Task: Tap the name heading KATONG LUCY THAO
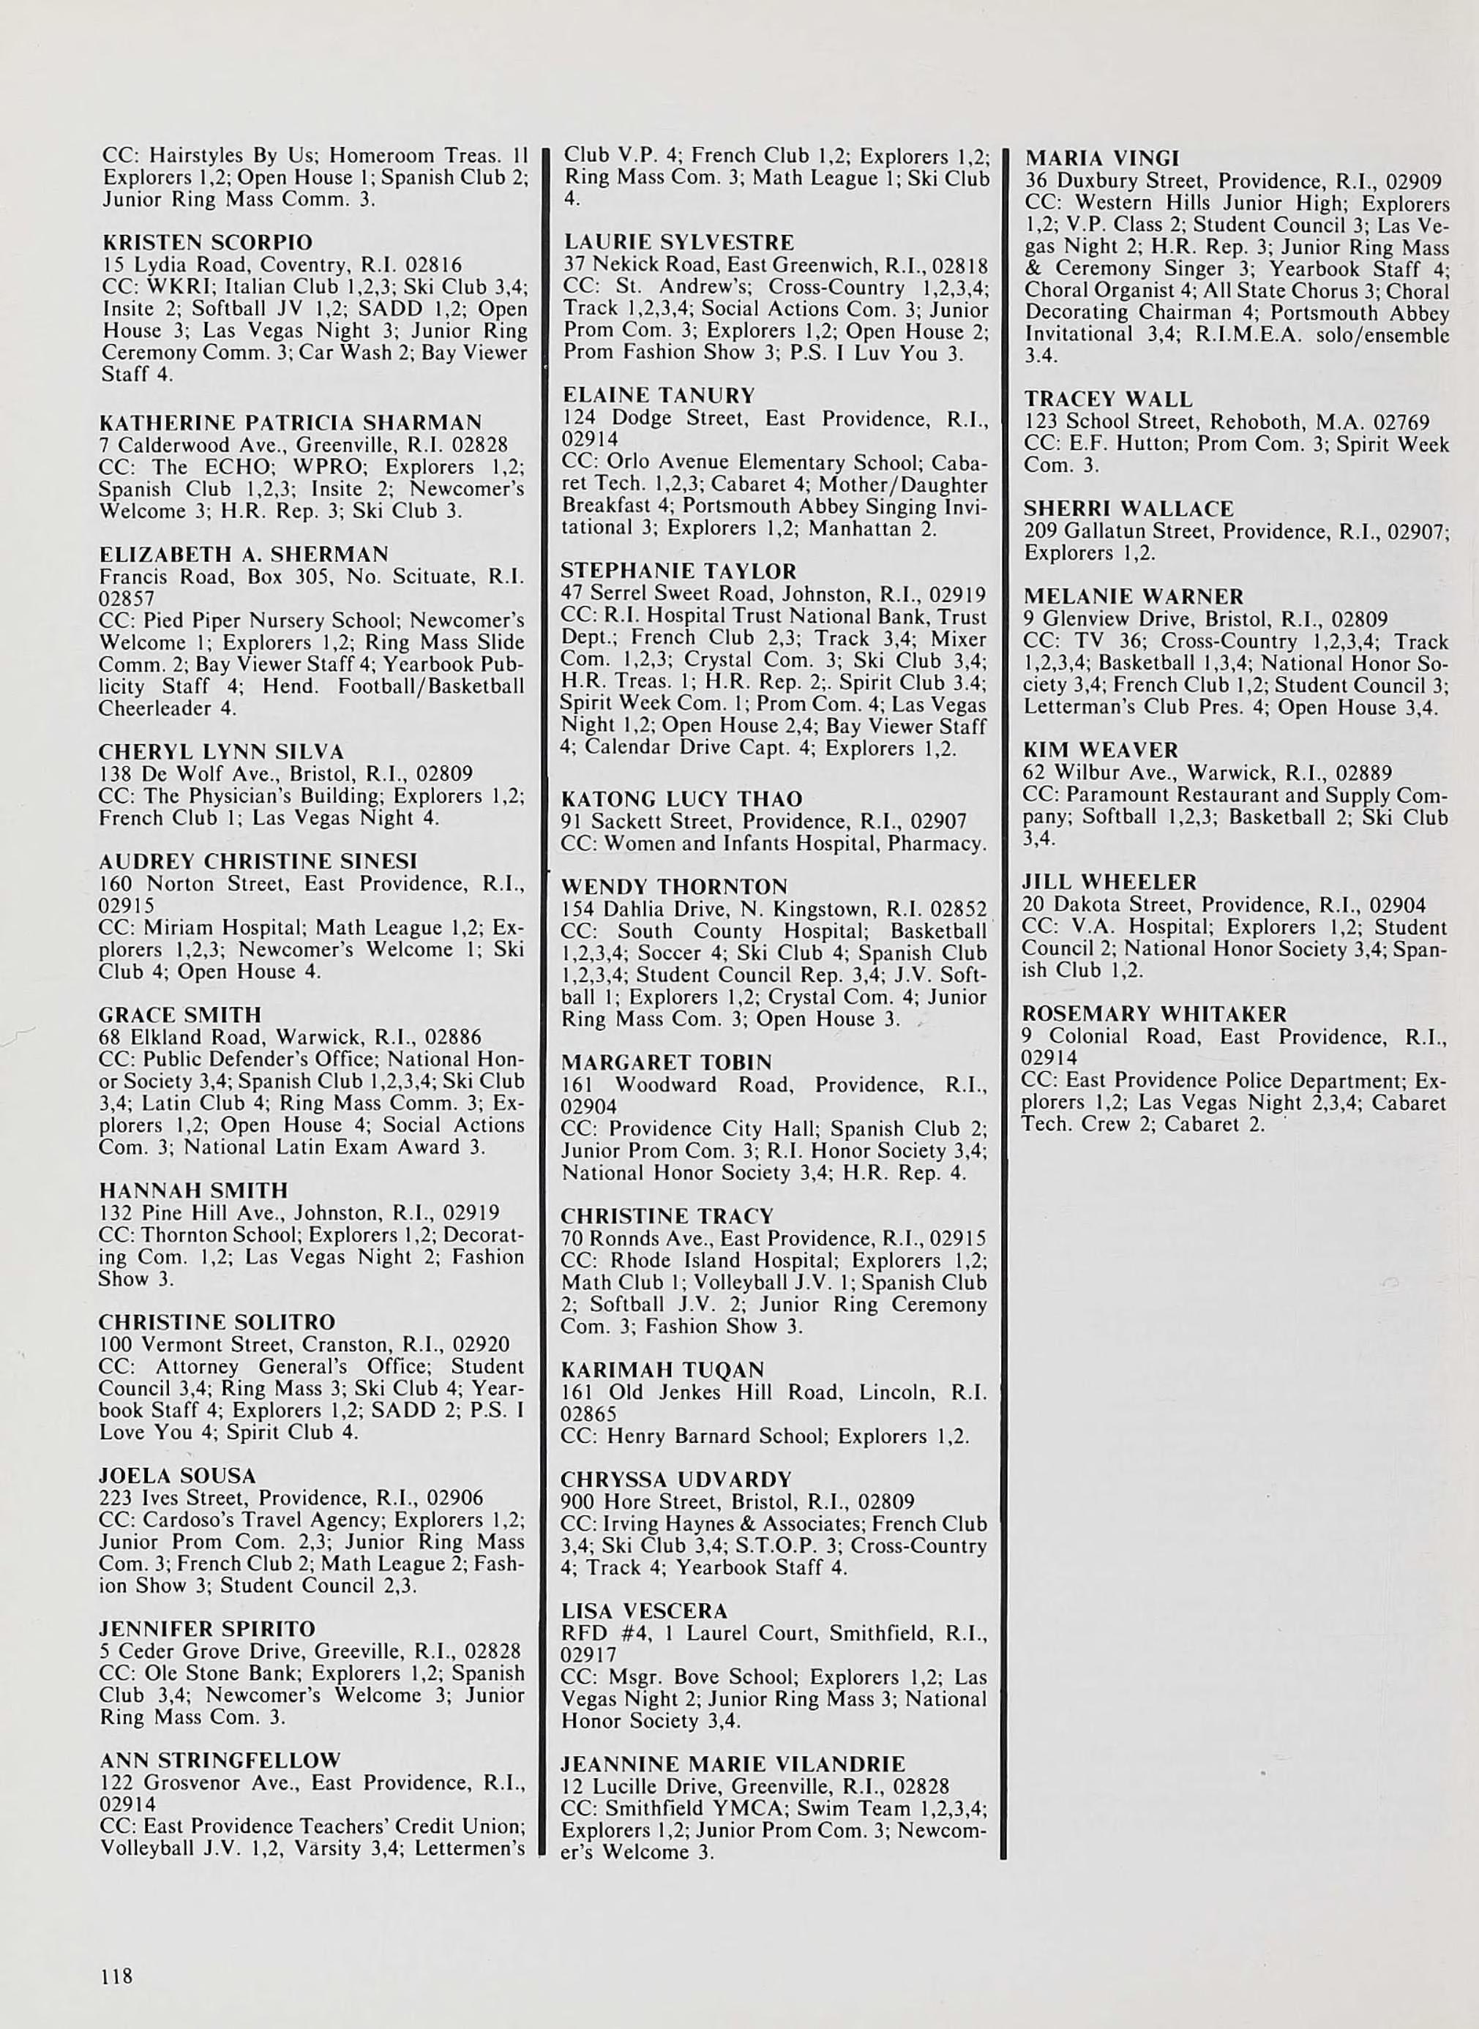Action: pyautogui.click(x=681, y=799)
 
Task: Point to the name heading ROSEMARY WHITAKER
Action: pyautogui.click(x=1155, y=1014)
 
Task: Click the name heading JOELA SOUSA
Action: pyautogui.click(x=177, y=1476)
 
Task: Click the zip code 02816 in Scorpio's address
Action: pyautogui.click(x=433, y=266)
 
